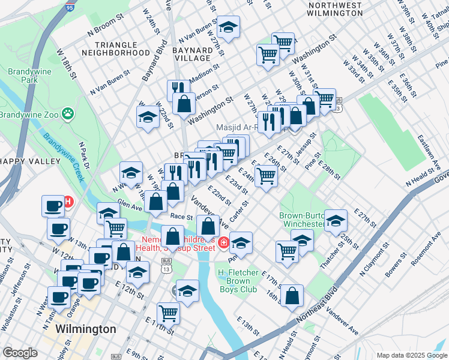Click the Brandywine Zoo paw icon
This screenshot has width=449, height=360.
click(x=70, y=112)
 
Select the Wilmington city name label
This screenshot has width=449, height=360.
click(x=85, y=329)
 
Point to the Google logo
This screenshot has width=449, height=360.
click(x=20, y=353)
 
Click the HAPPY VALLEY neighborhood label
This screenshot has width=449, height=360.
click(x=30, y=161)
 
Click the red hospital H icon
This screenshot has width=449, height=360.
click(x=68, y=202)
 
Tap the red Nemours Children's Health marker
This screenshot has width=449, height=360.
click(x=223, y=243)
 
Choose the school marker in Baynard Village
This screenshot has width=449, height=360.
click(x=228, y=27)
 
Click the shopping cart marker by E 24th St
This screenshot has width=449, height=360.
click(x=266, y=176)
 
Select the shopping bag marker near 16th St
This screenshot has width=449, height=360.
click(x=291, y=295)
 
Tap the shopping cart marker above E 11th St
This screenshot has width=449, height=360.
click(x=168, y=312)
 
